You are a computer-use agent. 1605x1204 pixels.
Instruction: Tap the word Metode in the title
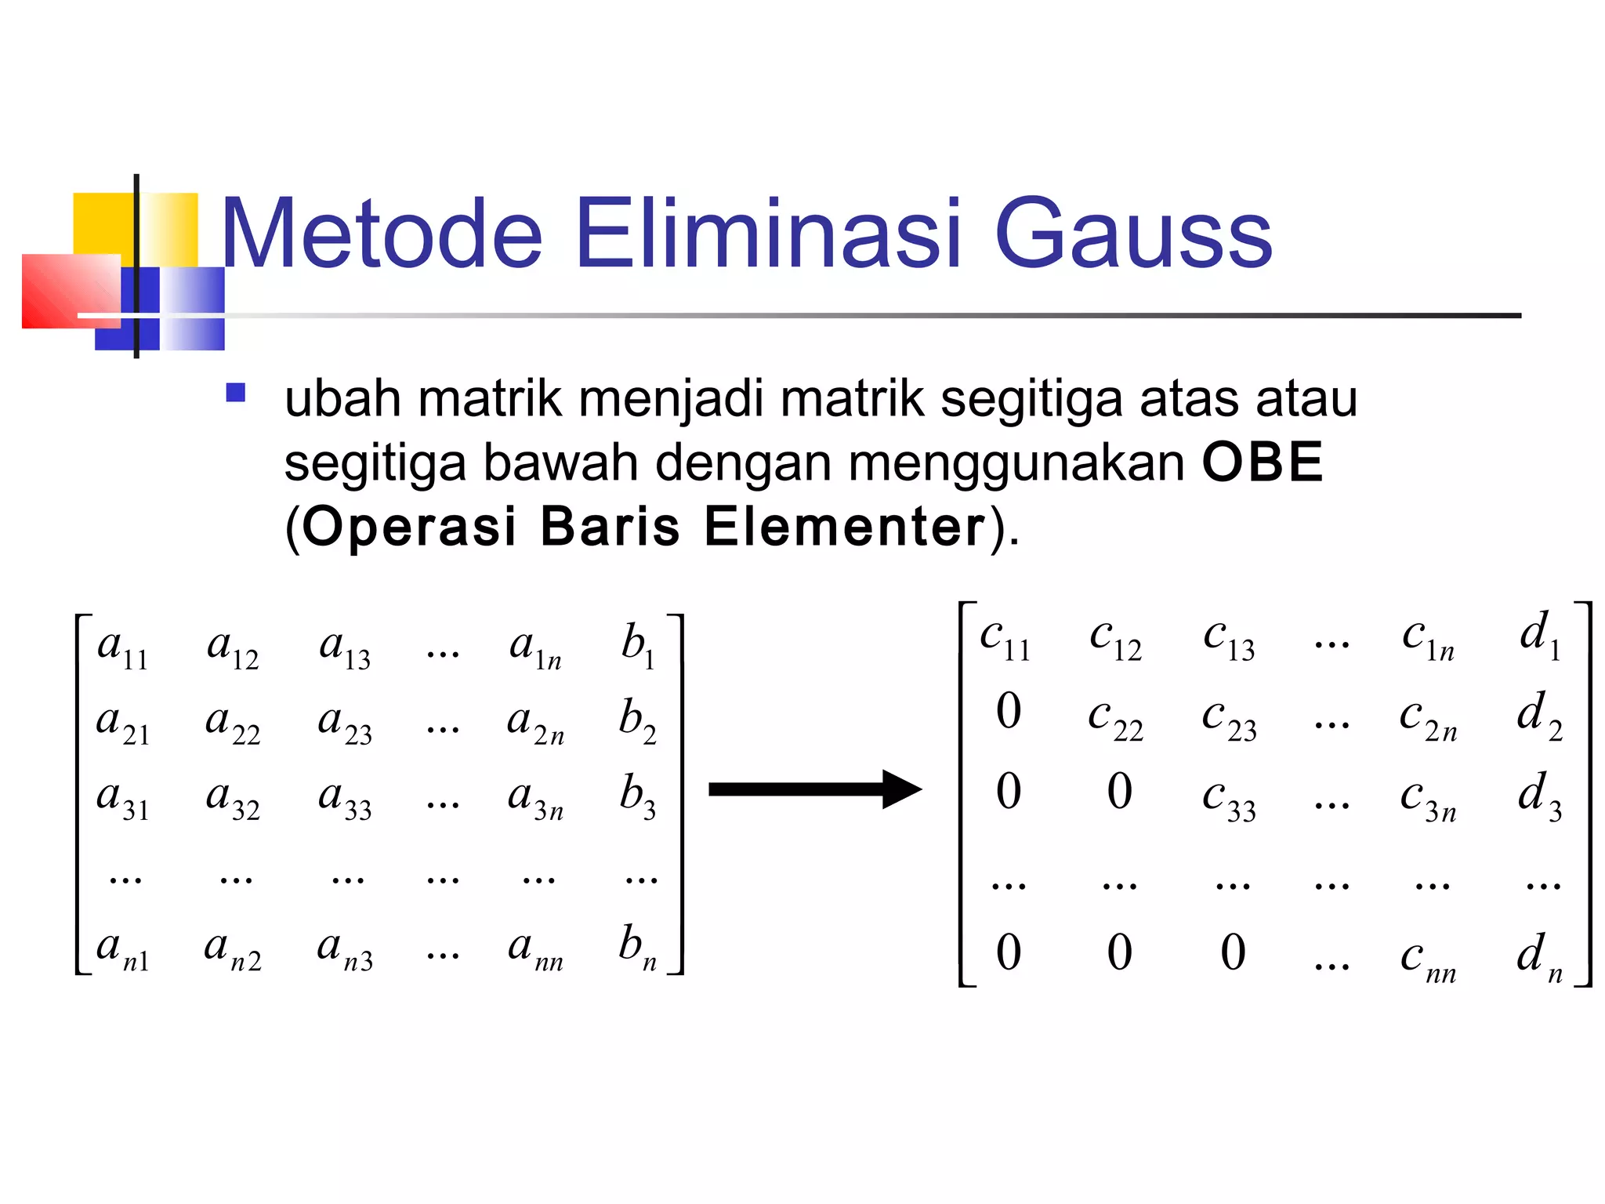(382, 234)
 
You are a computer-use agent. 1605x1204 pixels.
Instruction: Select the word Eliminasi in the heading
(768, 234)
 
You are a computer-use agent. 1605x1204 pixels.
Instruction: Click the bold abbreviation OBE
(1263, 462)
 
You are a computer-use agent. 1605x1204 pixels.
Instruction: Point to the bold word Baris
(610, 526)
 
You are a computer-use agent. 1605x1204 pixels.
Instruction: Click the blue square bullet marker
(235, 392)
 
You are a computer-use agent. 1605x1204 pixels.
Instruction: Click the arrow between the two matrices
(815, 789)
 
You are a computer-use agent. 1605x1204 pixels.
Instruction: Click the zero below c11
(1009, 712)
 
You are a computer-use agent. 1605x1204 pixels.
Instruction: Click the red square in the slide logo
(71, 291)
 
